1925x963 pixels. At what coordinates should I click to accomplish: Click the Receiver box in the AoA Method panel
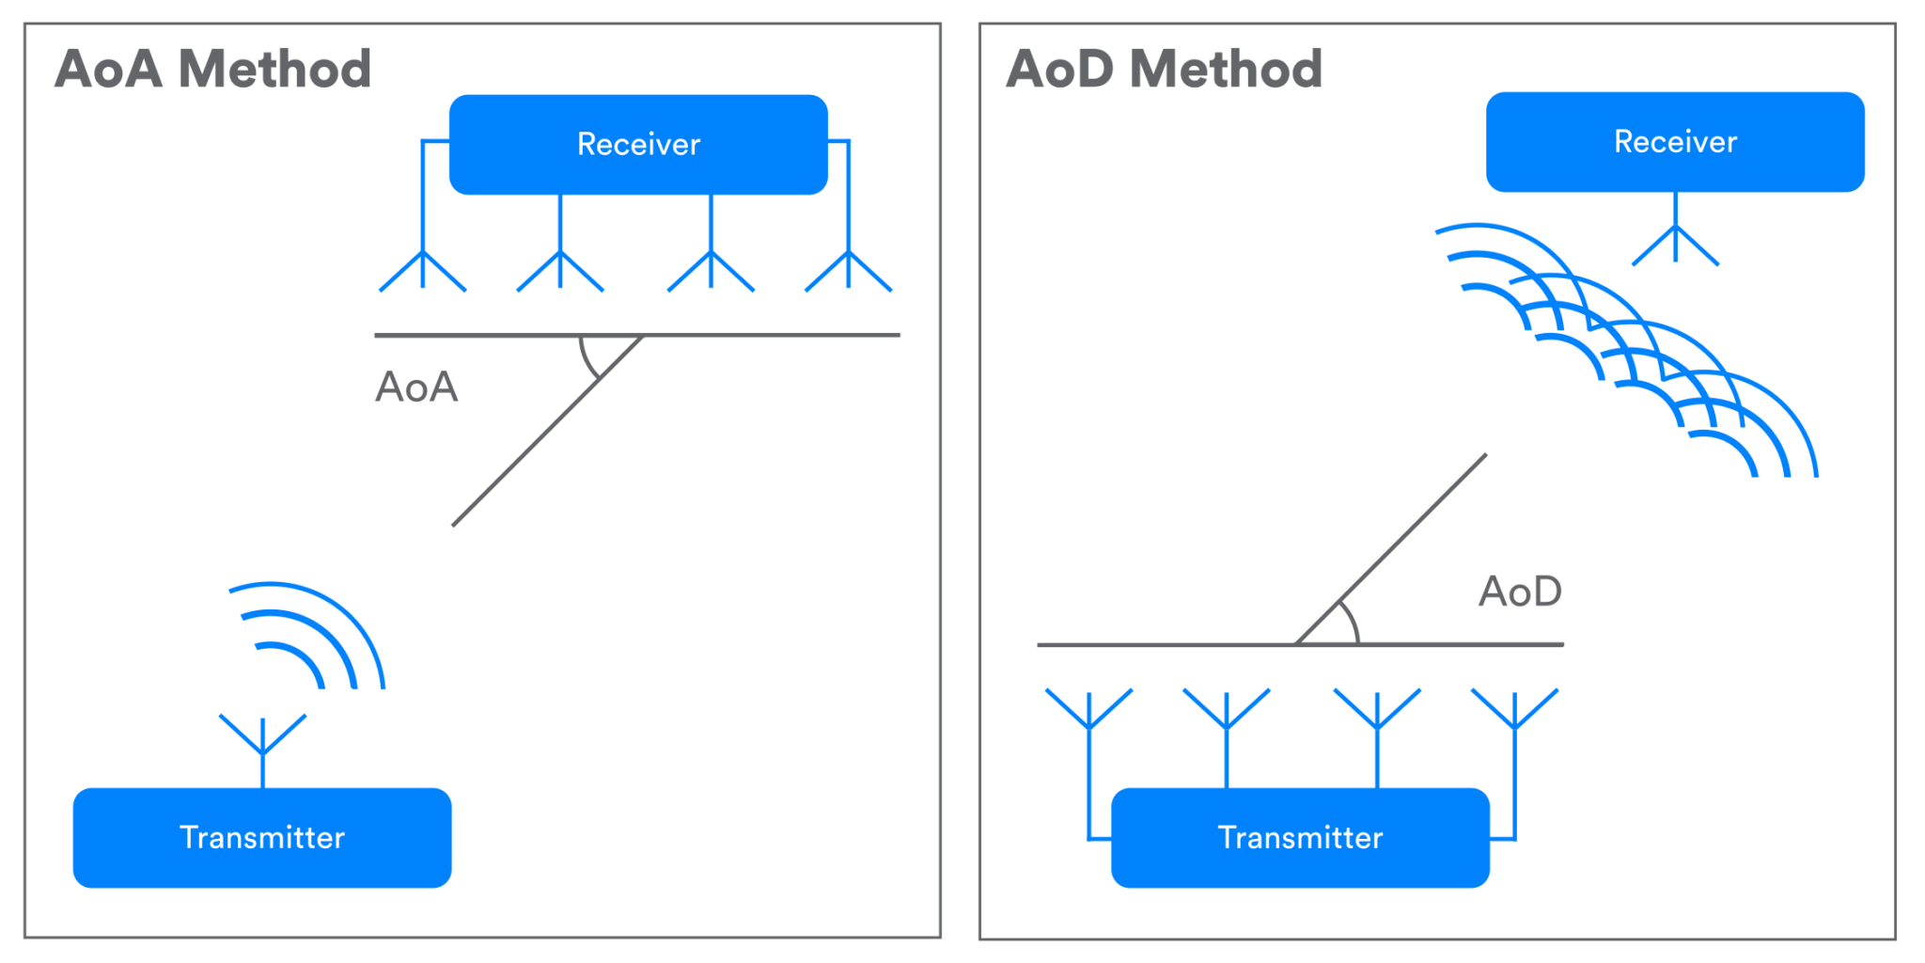point(638,144)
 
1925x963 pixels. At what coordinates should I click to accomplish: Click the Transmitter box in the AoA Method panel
point(262,837)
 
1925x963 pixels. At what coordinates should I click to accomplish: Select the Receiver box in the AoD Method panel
point(1675,142)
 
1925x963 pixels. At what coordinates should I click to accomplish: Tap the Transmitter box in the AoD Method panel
point(1300,837)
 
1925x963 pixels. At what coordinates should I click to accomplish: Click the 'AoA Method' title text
point(213,69)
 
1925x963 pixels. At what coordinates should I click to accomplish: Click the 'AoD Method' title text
point(1164,69)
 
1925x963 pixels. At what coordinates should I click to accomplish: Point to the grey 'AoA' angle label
point(416,387)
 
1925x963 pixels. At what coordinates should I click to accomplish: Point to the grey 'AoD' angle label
point(1520,592)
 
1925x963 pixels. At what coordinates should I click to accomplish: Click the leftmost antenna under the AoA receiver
point(423,269)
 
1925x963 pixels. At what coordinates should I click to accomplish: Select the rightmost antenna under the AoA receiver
point(849,269)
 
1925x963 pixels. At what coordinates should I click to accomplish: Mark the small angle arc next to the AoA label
point(586,360)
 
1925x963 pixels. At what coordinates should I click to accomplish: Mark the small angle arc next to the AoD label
point(1352,622)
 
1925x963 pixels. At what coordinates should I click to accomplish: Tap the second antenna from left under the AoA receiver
point(560,269)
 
